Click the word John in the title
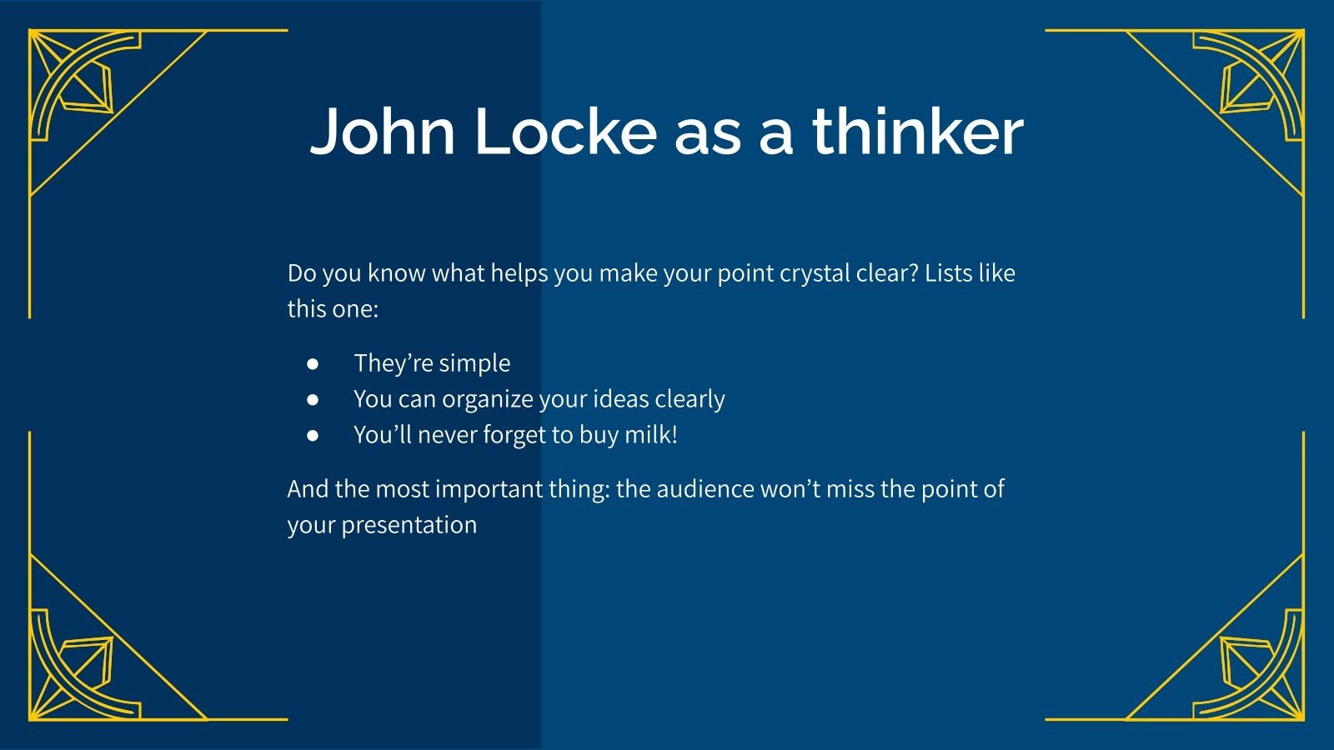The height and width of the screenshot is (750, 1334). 383,132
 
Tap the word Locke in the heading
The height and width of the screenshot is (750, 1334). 566,132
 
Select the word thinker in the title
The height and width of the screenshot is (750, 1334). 917,132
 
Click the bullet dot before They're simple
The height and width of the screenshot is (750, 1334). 313,363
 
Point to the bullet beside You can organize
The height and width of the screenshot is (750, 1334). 313,399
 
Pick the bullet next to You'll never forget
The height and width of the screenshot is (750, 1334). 313,435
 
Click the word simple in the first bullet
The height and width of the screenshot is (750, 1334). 474,363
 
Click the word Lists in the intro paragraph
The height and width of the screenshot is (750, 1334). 947,273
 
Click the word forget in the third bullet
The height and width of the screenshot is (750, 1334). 514,435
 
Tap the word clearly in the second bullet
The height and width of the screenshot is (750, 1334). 690,399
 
